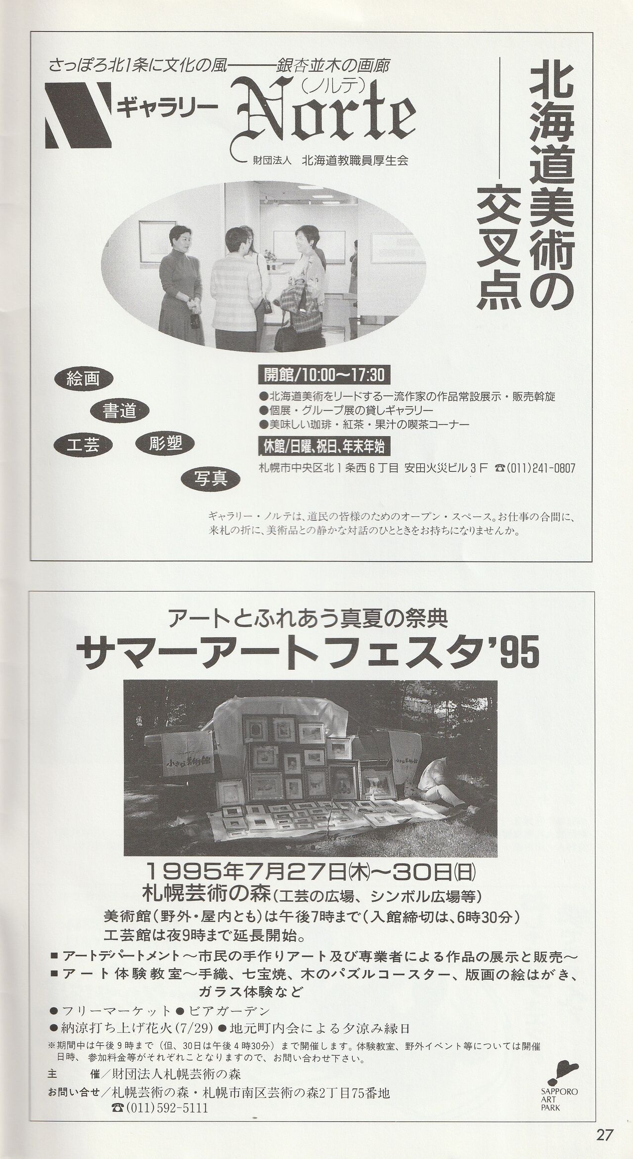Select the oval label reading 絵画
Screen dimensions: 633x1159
click(x=84, y=379)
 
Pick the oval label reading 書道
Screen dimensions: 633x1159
click(x=120, y=411)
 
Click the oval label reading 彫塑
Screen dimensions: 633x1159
click(x=165, y=443)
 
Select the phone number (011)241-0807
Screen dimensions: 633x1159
click(x=535, y=468)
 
